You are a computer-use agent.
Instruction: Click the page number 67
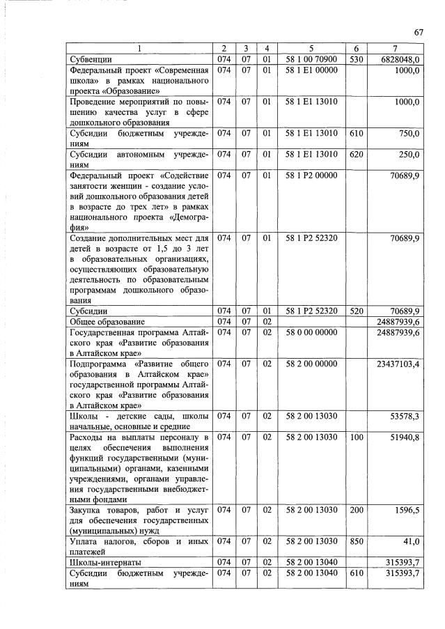click(x=419, y=32)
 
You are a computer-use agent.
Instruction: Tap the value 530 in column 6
click(x=356, y=59)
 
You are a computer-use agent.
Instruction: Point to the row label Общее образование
click(x=107, y=322)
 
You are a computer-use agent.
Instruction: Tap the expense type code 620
click(x=356, y=155)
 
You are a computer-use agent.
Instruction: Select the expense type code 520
click(x=356, y=311)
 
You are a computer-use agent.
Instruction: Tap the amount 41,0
click(x=409, y=541)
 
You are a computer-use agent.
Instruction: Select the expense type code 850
click(x=356, y=541)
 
